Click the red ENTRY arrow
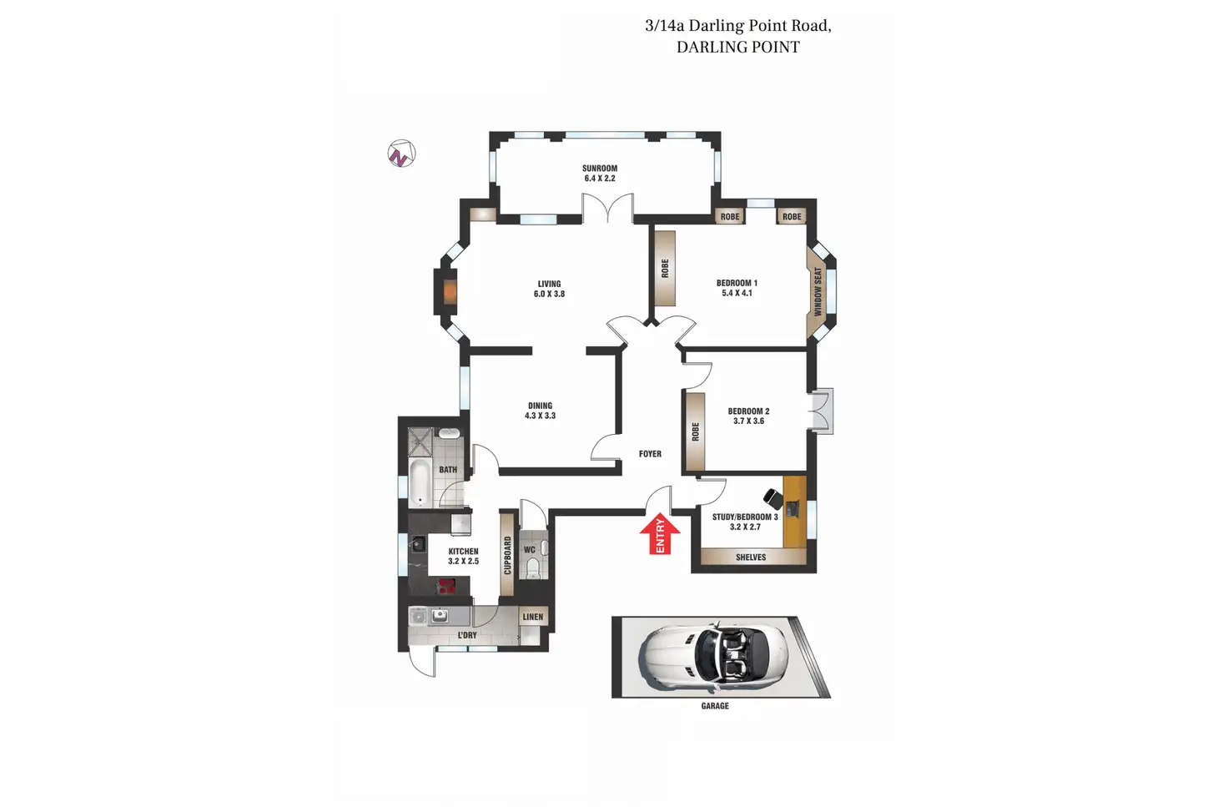[660, 534]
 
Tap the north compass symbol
[401, 154]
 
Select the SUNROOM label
[600, 169]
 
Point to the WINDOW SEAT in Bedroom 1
[818, 291]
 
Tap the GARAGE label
[715, 706]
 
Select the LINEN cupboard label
[532, 618]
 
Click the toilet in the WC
[533, 567]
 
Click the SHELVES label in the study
[751, 557]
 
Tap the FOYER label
[650, 454]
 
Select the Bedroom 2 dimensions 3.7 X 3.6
[748, 421]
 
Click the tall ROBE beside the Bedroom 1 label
[665, 269]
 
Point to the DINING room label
[540, 406]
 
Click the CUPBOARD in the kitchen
[507, 555]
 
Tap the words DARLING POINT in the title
[737, 48]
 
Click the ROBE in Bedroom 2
[695, 432]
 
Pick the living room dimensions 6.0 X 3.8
[549, 294]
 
